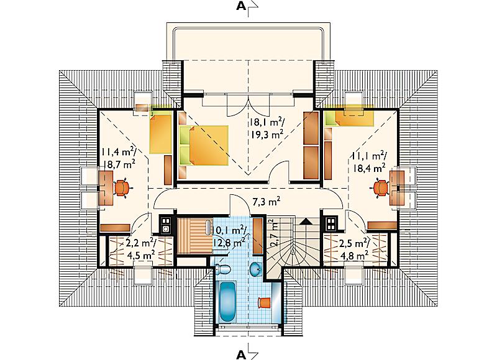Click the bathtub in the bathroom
coord(227,302)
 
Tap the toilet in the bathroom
coord(222,269)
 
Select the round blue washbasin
coord(255,269)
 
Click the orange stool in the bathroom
coord(264,302)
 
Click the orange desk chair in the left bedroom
coord(122,187)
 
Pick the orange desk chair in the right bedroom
coord(381,188)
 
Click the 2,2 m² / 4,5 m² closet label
coord(139,248)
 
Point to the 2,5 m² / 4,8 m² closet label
coord(353,249)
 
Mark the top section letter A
coord(241,7)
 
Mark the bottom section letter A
coord(241,355)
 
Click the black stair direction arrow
coord(306,221)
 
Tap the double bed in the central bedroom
coord(204,145)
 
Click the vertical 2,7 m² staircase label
coord(274,233)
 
